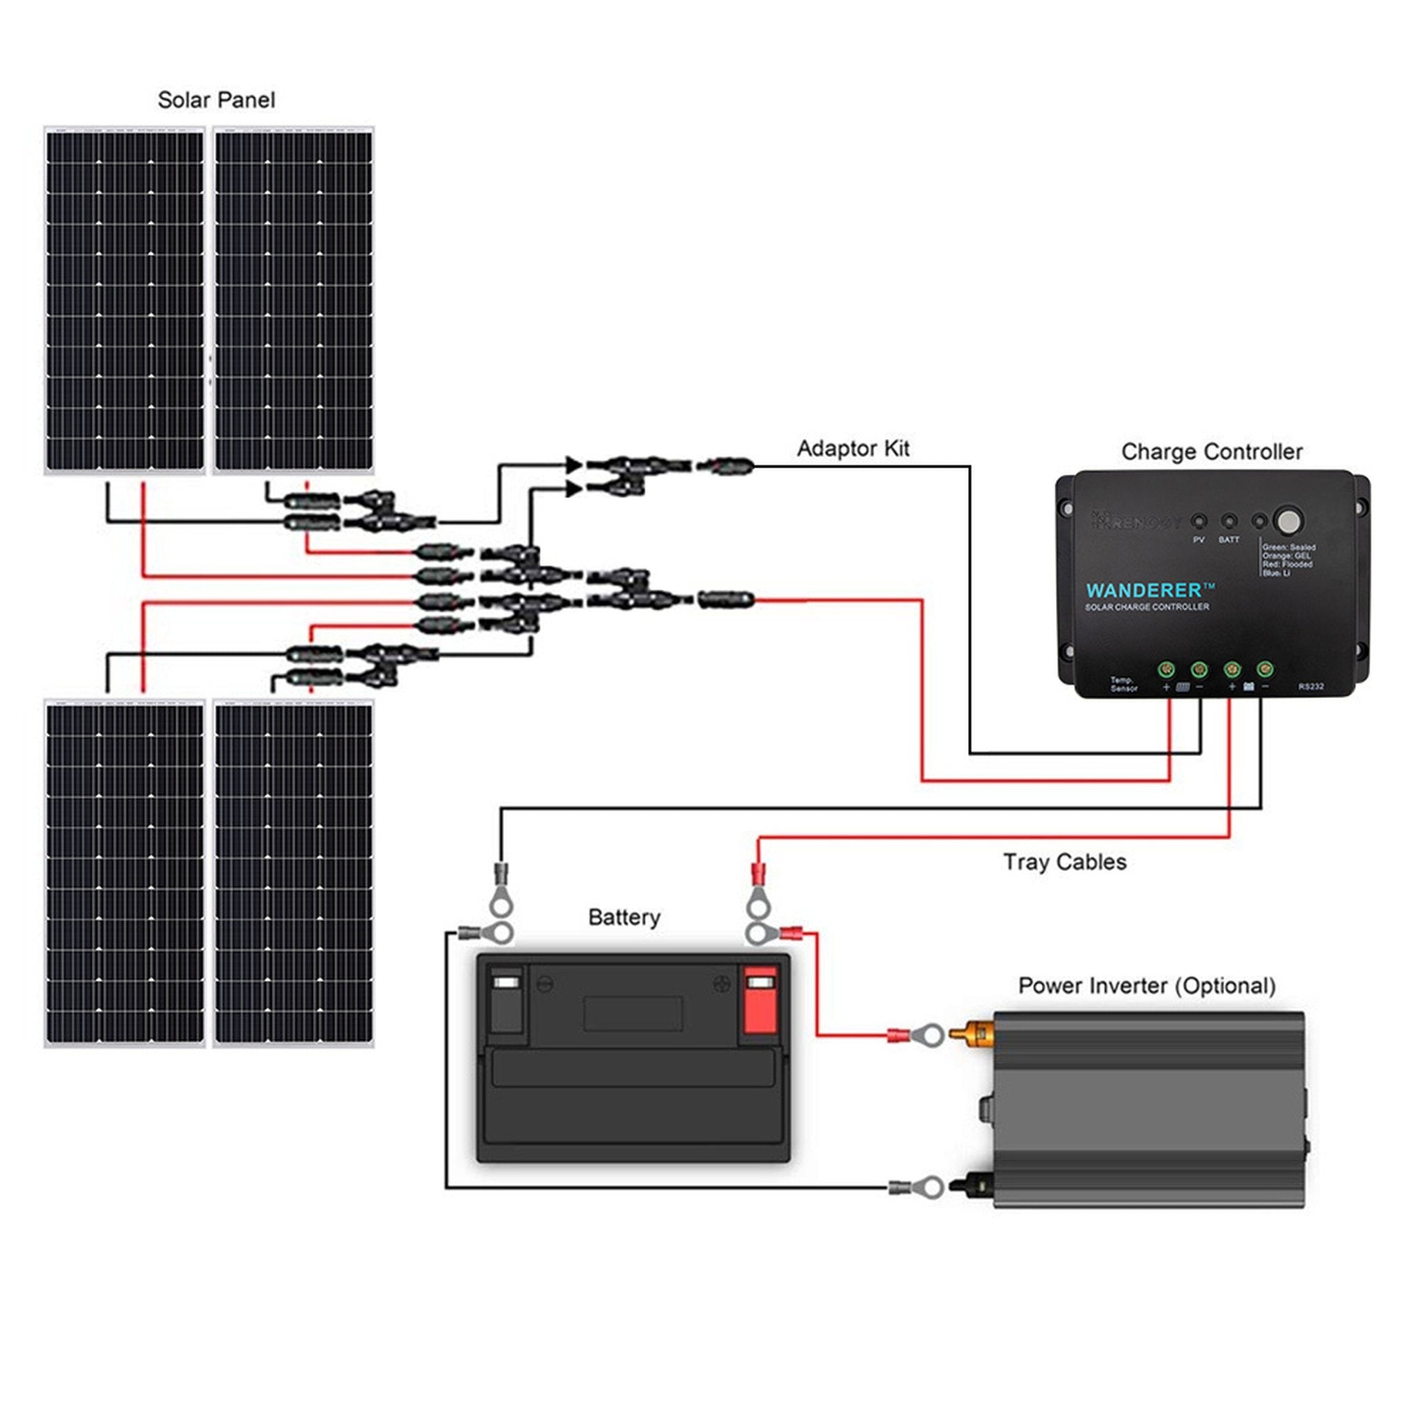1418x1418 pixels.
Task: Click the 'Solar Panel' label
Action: click(x=216, y=100)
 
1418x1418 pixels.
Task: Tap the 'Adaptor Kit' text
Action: click(x=853, y=448)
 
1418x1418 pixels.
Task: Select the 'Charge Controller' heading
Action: click(x=1211, y=451)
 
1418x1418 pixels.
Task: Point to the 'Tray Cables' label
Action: click(x=1063, y=861)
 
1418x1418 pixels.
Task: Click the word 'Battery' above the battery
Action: click(x=624, y=917)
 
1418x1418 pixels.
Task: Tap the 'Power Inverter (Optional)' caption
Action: click(x=1147, y=985)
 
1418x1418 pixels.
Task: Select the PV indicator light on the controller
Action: click(x=1199, y=522)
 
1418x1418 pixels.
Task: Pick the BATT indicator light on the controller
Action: click(x=1229, y=522)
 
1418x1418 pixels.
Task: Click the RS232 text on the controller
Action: click(x=1311, y=686)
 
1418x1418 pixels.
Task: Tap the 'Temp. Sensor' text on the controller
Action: click(x=1123, y=684)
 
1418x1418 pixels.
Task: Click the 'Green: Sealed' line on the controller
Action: click(x=1289, y=548)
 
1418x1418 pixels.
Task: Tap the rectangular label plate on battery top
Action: click(x=633, y=1013)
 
